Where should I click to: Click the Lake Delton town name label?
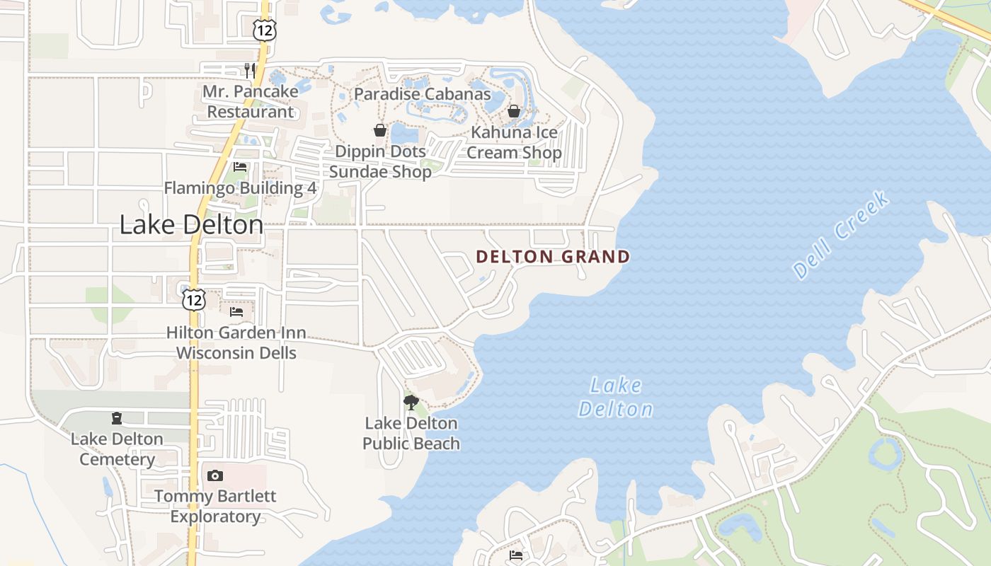point(191,224)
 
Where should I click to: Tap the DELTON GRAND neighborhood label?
point(553,256)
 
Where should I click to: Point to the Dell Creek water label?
point(841,234)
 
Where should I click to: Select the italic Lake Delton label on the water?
point(616,397)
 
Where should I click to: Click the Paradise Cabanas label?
point(422,94)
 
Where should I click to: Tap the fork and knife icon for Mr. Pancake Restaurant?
point(249,69)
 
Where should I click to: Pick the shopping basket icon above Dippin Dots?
point(380,130)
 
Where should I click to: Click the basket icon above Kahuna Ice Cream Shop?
point(514,111)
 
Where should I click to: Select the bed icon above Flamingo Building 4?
point(240,167)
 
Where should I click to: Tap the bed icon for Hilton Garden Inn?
point(236,311)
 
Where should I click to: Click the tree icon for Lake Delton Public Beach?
point(411,403)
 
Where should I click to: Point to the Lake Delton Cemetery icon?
point(117,418)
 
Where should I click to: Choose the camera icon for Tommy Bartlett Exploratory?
point(215,475)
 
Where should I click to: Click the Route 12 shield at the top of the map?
point(264,30)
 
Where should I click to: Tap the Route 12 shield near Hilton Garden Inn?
point(193,299)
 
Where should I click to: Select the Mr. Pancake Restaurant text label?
point(248,101)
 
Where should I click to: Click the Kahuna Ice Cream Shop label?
point(515,142)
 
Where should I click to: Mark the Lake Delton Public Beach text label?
point(411,433)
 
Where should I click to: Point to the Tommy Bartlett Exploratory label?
point(215,506)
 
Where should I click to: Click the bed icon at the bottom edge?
point(516,555)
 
